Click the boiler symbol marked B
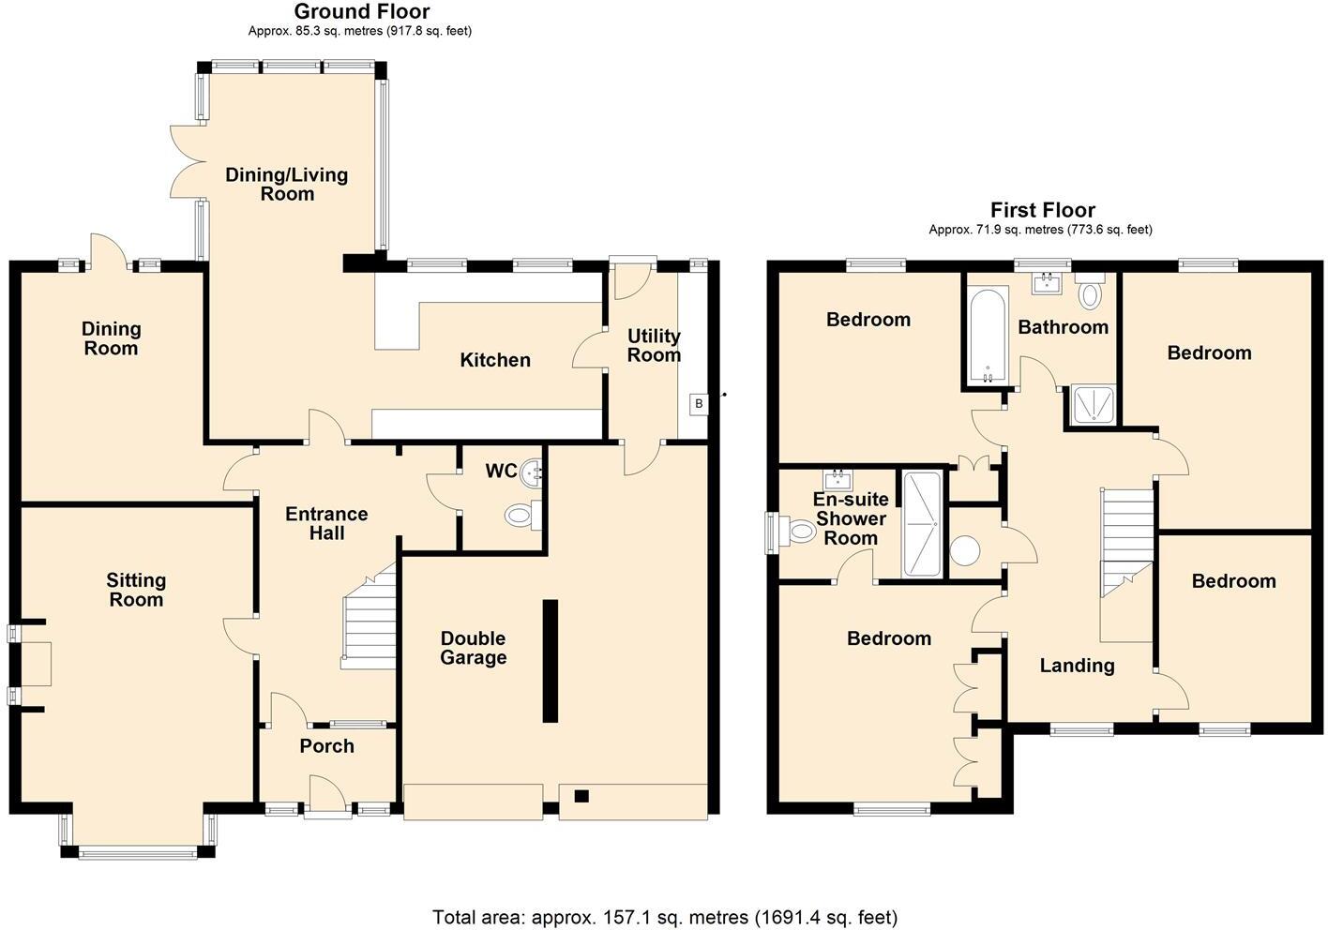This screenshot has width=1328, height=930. pyautogui.click(x=699, y=404)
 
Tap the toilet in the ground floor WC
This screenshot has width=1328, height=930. pyautogui.click(x=519, y=514)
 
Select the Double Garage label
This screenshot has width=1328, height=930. pyautogui.click(x=473, y=648)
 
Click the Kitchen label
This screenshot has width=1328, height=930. pyautogui.click(x=494, y=360)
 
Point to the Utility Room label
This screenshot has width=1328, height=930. pyautogui.click(x=654, y=345)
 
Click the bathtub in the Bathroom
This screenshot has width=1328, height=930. pyautogui.click(x=988, y=337)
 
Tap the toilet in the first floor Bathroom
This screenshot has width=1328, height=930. pyautogui.click(x=1090, y=293)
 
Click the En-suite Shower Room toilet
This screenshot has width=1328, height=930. pyautogui.click(x=800, y=532)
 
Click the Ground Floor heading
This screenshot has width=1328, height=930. pyautogui.click(x=361, y=12)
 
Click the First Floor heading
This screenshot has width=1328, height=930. pyautogui.click(x=1042, y=210)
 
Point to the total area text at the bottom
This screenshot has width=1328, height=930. pyautogui.click(x=664, y=916)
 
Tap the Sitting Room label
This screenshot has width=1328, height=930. pyautogui.click(x=136, y=590)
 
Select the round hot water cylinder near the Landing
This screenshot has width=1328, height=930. pyautogui.click(x=965, y=549)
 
